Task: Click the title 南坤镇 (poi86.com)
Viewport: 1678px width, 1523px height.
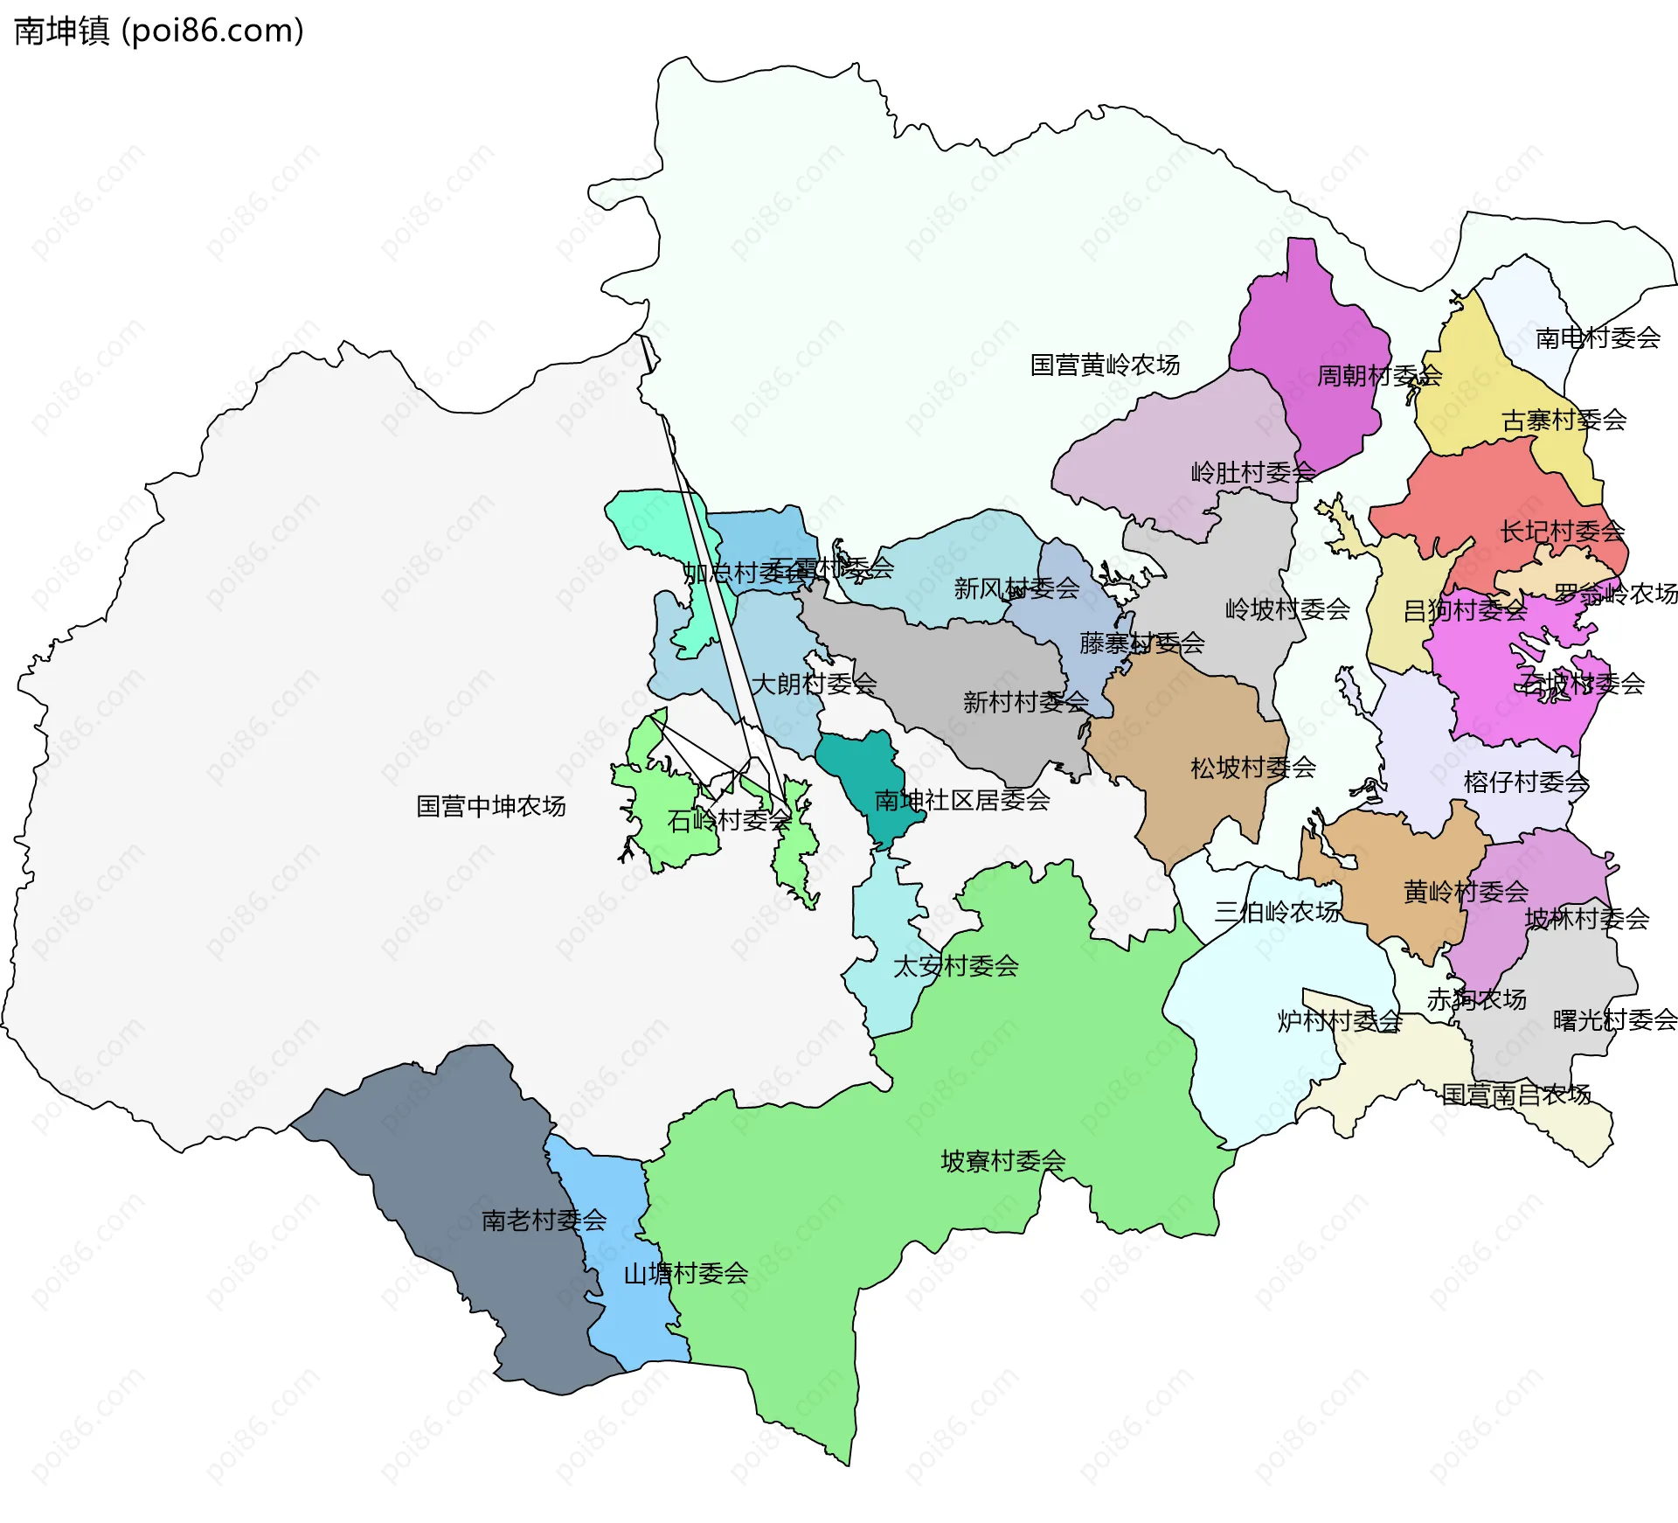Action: coord(159,31)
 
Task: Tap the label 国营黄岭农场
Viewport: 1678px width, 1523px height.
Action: coord(1105,365)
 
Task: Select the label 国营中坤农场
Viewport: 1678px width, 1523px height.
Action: coord(490,806)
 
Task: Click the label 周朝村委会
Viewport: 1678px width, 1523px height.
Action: coord(1379,376)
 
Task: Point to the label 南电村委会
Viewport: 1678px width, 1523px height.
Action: coord(1598,337)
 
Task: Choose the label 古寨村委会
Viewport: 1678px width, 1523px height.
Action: coord(1564,421)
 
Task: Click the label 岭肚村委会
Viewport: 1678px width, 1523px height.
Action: coord(1252,473)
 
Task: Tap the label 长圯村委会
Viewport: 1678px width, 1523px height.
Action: coord(1562,531)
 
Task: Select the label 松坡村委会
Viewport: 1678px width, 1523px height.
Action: coord(1252,768)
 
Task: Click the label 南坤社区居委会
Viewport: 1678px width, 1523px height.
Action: coord(961,799)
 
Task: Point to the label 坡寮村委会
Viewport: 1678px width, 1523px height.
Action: coord(1002,1161)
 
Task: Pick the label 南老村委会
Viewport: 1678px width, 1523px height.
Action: coord(544,1220)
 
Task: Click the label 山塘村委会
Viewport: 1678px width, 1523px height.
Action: coord(685,1273)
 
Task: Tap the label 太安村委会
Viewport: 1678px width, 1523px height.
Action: coord(955,966)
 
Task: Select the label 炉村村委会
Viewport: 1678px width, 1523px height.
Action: coord(1339,1020)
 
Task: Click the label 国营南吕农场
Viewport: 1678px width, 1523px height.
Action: coord(1515,1094)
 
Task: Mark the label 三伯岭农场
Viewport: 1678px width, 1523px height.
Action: coord(1276,912)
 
